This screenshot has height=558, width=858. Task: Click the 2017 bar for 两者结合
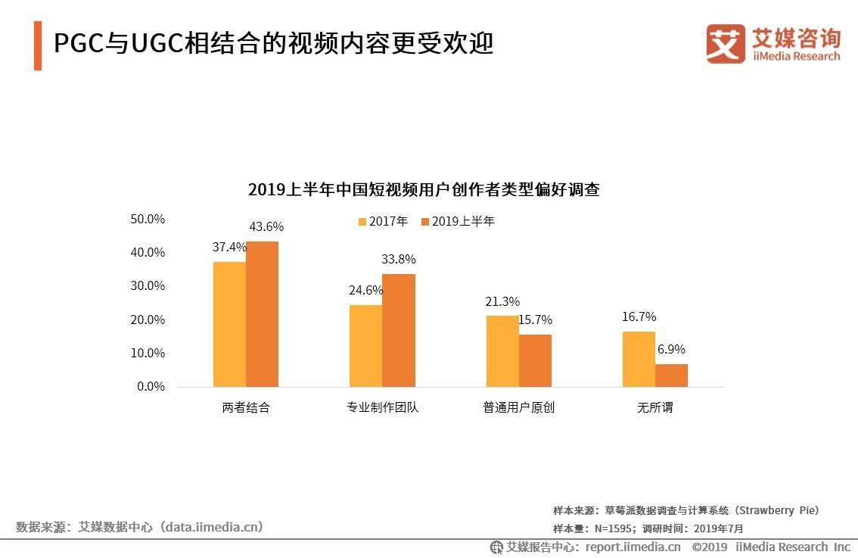coord(229,324)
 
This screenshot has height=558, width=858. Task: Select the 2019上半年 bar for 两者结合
coord(262,314)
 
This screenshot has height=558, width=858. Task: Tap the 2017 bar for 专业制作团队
coord(365,345)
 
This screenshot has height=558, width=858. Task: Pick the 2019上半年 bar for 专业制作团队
coord(399,330)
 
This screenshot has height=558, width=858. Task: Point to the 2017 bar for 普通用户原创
coord(502,351)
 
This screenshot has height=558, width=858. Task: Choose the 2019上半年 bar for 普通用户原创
coord(535,360)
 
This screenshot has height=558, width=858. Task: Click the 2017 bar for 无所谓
coord(639,359)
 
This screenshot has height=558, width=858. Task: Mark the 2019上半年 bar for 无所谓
coord(671,375)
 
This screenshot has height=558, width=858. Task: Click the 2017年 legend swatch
coord(362,222)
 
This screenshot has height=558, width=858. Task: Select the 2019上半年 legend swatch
coord(425,222)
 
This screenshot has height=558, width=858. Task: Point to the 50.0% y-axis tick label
coord(148,219)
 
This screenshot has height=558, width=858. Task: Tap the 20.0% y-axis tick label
coord(148,320)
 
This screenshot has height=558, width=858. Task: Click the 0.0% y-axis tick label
coord(151,386)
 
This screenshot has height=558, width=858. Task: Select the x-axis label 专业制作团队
coord(382,407)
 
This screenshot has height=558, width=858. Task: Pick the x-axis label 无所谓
coord(654,407)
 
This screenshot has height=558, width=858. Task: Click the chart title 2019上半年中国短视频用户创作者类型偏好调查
coord(424,190)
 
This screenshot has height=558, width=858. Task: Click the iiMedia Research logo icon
coord(726,43)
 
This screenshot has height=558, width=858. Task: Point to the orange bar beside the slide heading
coord(38,45)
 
